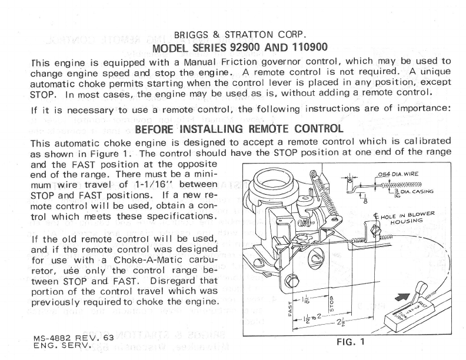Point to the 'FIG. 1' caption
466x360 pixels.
point(350,342)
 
